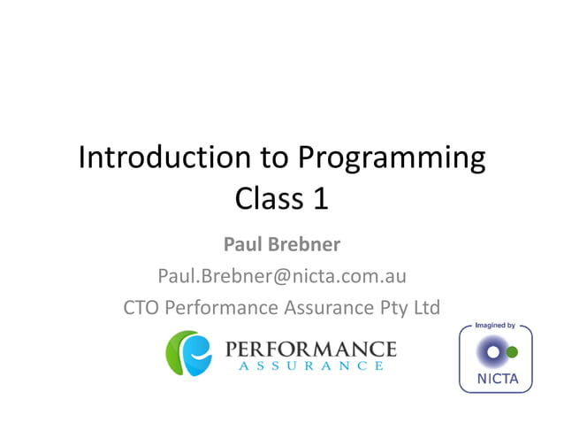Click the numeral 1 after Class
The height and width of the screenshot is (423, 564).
click(x=320, y=197)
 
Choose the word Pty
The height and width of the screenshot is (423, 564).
click(x=385, y=309)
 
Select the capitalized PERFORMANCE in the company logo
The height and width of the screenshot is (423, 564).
click(x=311, y=347)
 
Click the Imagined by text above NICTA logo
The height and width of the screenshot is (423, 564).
click(x=495, y=326)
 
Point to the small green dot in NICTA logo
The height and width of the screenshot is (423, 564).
click(x=512, y=352)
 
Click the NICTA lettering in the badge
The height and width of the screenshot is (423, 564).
click(x=495, y=381)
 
